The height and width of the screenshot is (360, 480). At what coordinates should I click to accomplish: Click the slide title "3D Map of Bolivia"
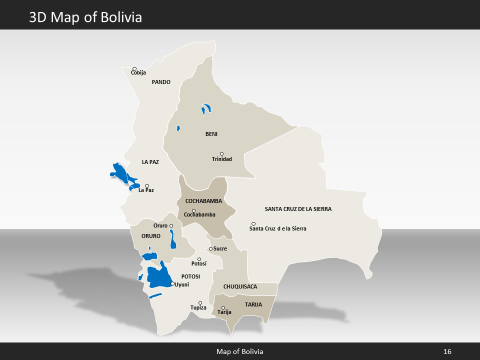coord(85,17)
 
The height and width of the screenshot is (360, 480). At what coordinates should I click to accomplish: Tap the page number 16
coord(447,351)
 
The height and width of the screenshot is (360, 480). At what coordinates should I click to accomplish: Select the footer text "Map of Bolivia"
coord(239,351)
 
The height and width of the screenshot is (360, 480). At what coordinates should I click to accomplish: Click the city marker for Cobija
coord(134,69)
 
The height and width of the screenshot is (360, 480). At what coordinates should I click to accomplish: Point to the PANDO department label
coord(161,82)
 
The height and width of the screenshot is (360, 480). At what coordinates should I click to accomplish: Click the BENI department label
coord(211,134)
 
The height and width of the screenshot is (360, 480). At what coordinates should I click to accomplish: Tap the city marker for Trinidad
coord(222,154)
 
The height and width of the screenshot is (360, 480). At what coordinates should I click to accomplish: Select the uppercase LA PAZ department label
coord(150,162)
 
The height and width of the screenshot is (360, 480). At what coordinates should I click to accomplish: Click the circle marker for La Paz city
coord(147,186)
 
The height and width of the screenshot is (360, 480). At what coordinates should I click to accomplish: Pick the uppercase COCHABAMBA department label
coord(203,200)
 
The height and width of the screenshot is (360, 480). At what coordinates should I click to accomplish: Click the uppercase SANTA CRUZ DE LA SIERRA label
coord(298,208)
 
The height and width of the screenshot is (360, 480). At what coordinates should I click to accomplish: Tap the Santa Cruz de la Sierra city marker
coord(253,223)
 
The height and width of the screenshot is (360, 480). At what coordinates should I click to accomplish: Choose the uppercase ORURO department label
coord(150,235)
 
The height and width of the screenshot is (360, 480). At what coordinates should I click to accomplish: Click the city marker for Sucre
coord(211,248)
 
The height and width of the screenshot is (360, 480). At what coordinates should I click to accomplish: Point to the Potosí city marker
coord(199,259)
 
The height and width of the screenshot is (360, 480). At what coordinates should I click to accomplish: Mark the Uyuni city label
coord(182,284)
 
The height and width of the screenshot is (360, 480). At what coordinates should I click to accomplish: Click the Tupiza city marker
coord(200,302)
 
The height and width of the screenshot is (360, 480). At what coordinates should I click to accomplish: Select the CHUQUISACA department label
coord(240,286)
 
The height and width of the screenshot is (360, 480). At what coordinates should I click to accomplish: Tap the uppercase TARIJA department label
coord(253,304)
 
